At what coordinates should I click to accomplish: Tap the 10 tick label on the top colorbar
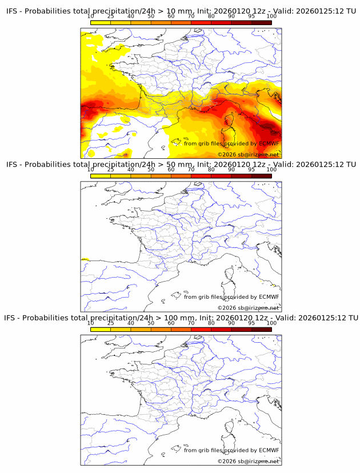pos(90,17)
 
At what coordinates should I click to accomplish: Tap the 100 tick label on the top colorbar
pos(271,17)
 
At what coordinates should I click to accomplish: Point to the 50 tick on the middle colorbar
pos(151,170)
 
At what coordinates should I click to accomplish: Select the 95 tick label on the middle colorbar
pos(251,170)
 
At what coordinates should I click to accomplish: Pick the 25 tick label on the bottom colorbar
pos(110,323)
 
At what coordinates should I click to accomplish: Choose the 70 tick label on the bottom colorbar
pos(191,323)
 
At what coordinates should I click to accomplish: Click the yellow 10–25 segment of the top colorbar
pos(101,23)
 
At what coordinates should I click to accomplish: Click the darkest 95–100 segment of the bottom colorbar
pos(261,329)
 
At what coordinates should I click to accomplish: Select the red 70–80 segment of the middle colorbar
pos(201,176)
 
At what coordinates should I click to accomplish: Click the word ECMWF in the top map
pos(269,144)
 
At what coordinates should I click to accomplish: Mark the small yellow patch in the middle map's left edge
pos(85,259)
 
